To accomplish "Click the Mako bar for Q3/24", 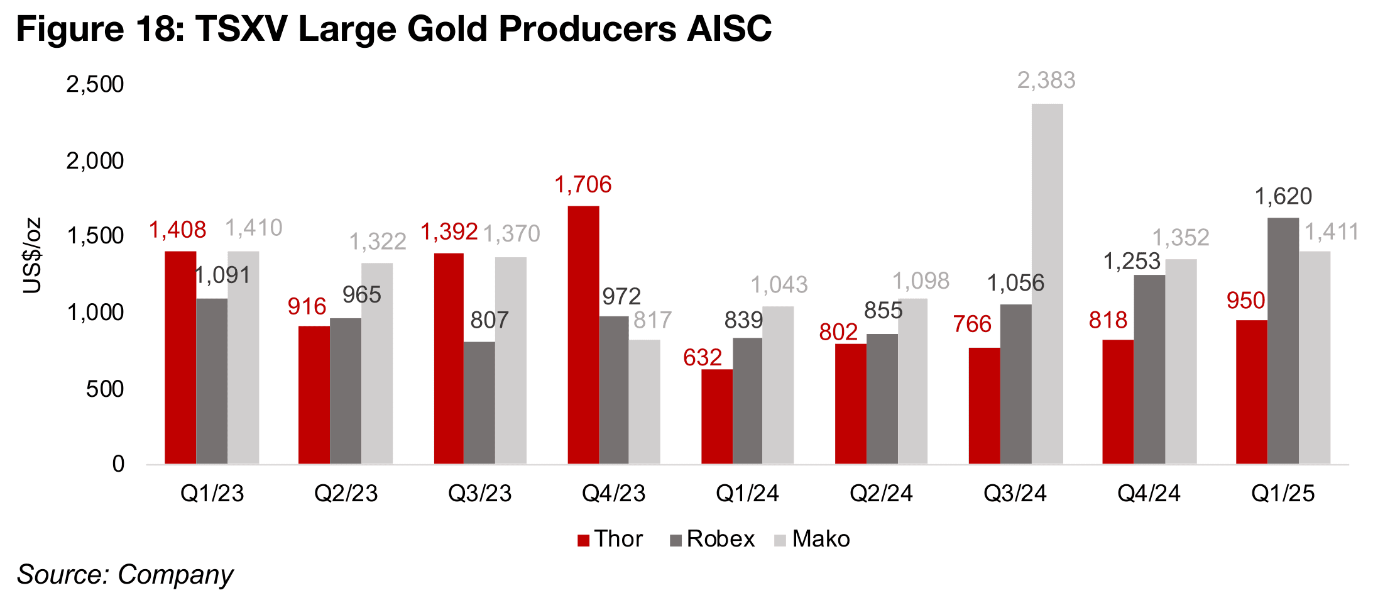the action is [1047, 284].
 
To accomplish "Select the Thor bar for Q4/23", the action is [583, 335].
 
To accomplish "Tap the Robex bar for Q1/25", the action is [1283, 341].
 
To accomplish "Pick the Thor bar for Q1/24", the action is [717, 417].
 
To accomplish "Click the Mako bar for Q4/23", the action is [645, 403].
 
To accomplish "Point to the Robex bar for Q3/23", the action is [479, 403].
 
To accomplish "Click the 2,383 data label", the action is [1046, 81].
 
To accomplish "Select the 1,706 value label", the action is [583, 185].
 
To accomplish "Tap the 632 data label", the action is [703, 358].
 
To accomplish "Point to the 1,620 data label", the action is [1283, 197].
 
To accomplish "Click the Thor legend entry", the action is [610, 539].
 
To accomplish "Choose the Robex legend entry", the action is [712, 539].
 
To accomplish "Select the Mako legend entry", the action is [812, 539].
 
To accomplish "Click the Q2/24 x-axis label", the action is [881, 493].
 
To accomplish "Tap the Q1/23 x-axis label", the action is [212, 493].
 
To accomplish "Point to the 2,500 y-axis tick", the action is [95, 84].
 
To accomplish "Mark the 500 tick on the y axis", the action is [105, 389].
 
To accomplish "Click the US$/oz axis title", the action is [31, 255].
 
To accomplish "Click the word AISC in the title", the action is [729, 28].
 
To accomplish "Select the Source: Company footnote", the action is [125, 575].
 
